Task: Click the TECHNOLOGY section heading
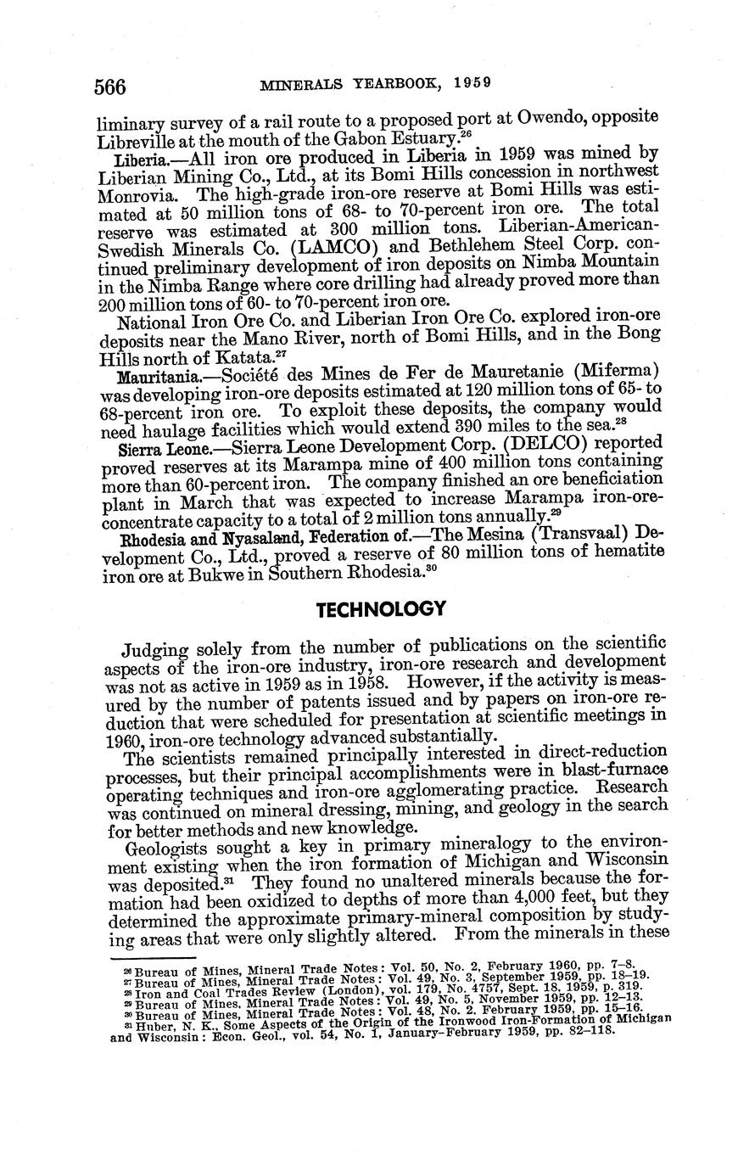[380, 609]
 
